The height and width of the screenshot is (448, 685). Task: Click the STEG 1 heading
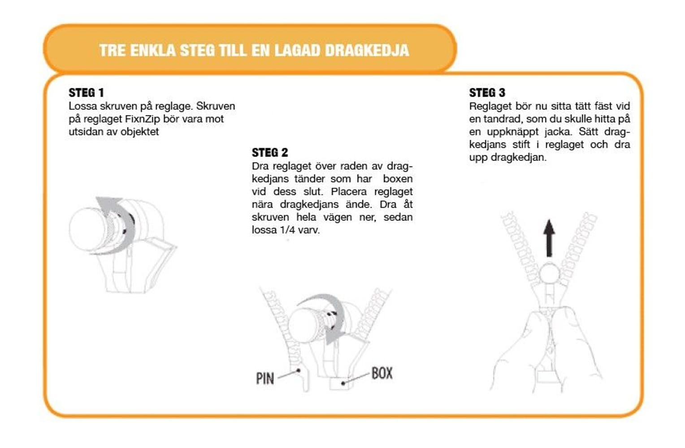tap(86, 93)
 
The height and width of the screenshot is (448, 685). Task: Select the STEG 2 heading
tap(269, 152)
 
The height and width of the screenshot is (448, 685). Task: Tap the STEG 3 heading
tap(487, 93)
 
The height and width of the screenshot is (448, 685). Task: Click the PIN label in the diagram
tap(265, 379)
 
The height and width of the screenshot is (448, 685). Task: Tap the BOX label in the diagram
tap(382, 373)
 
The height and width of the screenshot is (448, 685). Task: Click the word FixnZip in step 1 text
tap(143, 119)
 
